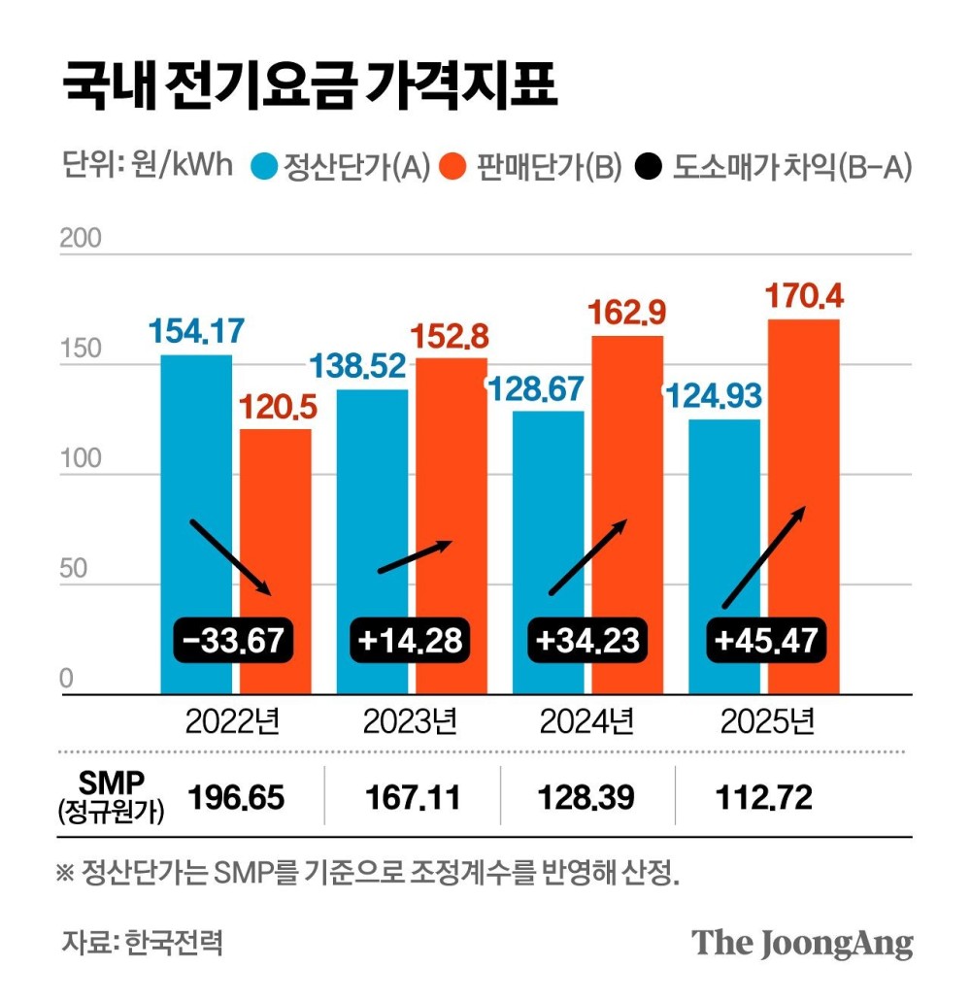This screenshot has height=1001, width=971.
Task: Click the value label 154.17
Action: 196,331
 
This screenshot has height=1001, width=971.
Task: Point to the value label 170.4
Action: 804,295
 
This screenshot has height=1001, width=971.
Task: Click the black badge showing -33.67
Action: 232,640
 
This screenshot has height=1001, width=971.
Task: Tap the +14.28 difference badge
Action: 409,640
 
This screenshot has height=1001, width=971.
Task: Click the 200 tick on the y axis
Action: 80,239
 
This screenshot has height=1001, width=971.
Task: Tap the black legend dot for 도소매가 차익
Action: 651,167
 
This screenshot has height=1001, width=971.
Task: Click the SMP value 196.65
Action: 236,798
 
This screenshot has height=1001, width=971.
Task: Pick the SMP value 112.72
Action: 764,798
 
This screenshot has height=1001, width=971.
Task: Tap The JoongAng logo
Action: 802,943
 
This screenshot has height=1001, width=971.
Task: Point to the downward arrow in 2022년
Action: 230,557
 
